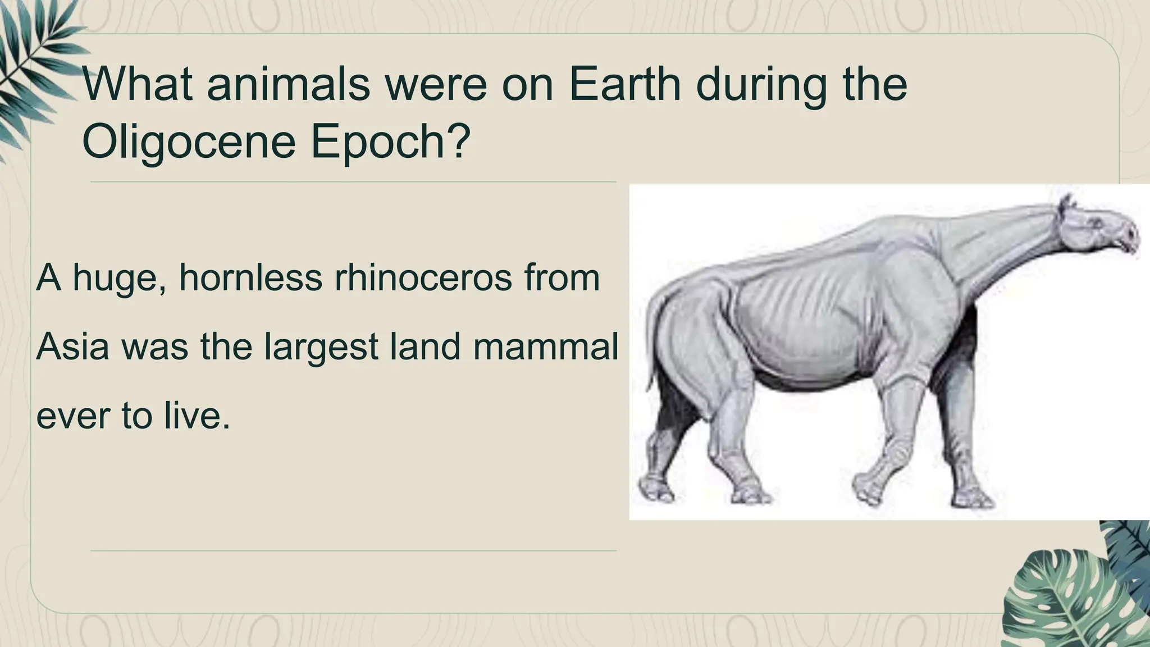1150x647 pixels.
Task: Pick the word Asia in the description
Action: (72, 347)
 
